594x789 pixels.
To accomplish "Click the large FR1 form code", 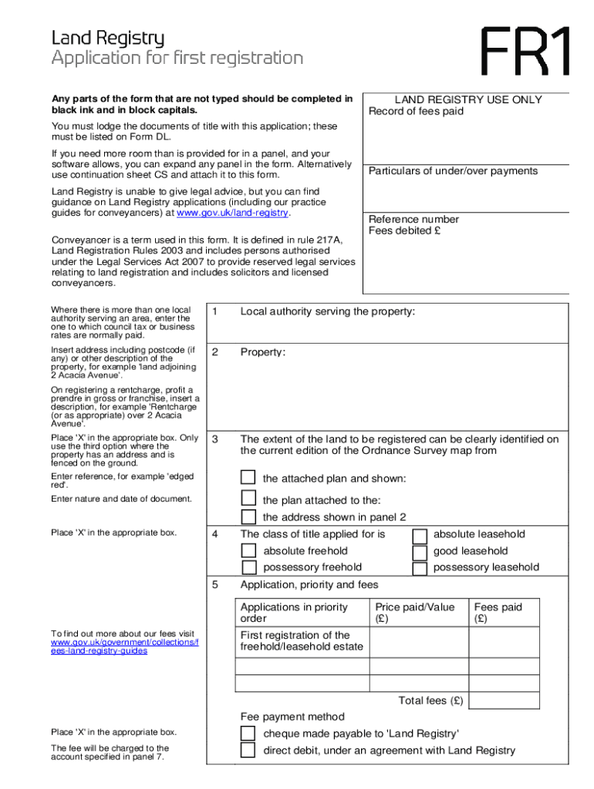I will click(x=527, y=52).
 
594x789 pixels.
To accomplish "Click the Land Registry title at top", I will click(x=107, y=38).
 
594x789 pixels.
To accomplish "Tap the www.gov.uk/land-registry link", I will click(x=232, y=213).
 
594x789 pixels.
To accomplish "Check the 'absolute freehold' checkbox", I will click(x=248, y=551).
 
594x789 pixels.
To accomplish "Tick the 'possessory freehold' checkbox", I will click(x=248, y=568).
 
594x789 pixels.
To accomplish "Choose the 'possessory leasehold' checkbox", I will click(x=420, y=569).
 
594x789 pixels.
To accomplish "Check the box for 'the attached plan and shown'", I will click(x=248, y=478).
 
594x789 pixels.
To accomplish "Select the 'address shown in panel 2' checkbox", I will click(x=248, y=516).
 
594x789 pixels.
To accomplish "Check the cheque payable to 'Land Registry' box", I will click(x=248, y=733).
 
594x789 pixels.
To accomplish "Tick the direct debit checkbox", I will click(x=248, y=750).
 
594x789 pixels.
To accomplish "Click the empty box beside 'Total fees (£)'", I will click(x=503, y=700).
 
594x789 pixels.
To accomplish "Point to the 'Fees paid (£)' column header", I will click(x=498, y=613).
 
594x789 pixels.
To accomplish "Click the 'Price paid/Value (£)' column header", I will click(x=414, y=613).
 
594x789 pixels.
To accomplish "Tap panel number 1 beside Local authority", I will click(x=216, y=312).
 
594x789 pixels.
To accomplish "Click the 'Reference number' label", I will click(x=413, y=220).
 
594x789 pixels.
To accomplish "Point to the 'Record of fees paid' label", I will click(x=416, y=112).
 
